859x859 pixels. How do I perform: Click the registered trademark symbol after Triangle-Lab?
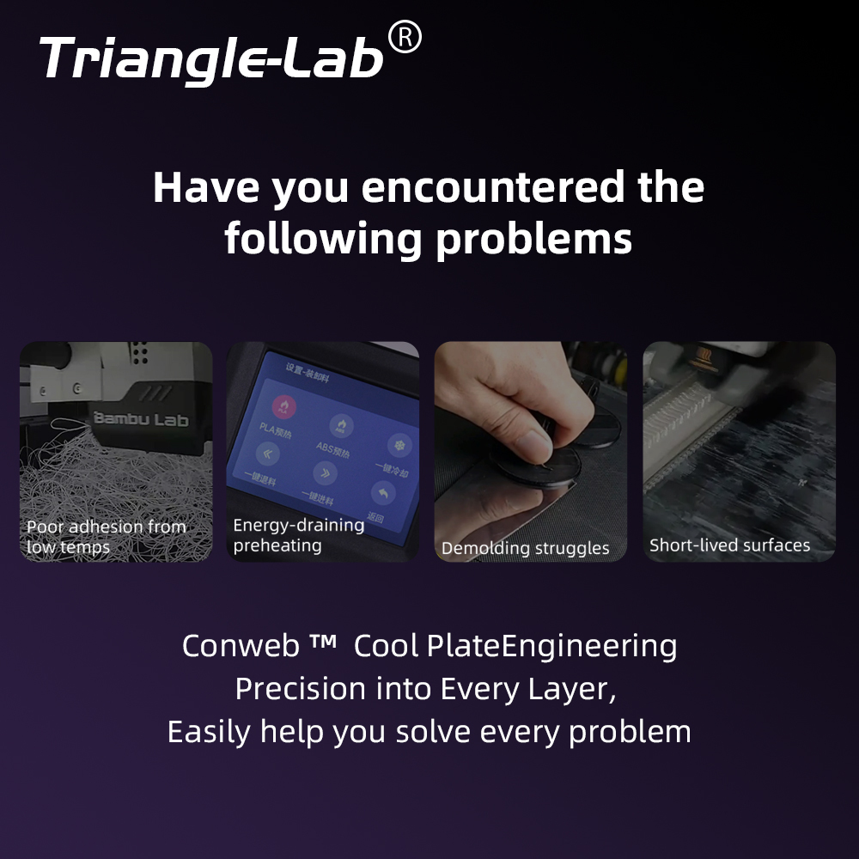click(405, 39)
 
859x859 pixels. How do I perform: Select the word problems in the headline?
click(533, 239)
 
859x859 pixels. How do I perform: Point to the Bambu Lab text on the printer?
click(140, 419)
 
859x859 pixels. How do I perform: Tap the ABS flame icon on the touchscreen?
click(341, 424)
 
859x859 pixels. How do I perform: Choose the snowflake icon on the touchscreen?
click(397, 445)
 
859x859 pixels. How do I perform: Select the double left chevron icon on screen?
click(268, 454)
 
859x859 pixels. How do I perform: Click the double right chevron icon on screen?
click(325, 472)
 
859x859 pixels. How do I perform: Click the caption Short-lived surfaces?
click(729, 545)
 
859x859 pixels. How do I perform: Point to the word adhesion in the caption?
click(107, 527)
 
